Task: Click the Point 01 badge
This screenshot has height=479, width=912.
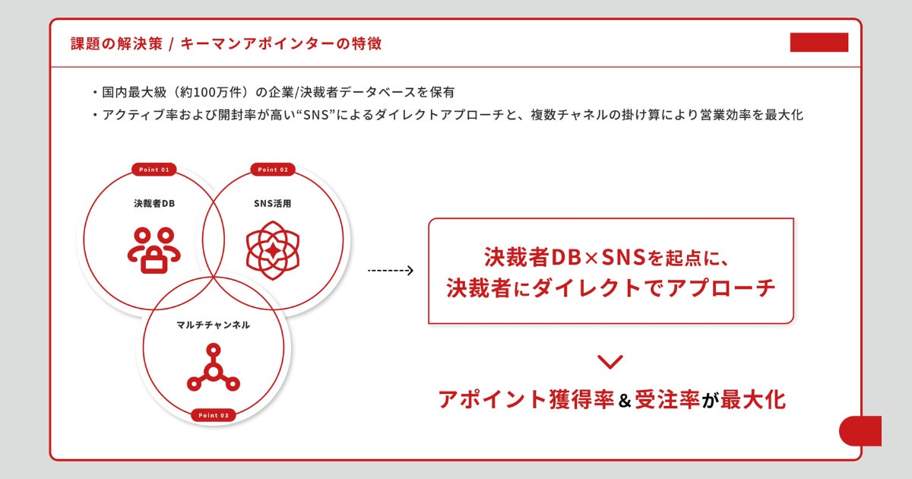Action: point(154,170)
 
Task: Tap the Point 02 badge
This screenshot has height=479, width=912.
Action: point(273,170)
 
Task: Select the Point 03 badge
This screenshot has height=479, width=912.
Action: point(214,415)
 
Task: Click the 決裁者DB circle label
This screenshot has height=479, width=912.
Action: point(154,203)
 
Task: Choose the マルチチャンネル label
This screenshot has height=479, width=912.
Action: point(214,325)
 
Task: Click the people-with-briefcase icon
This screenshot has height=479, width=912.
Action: point(154,249)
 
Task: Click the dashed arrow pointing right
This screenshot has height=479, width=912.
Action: point(390,270)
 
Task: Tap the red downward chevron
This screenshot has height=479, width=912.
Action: point(610,362)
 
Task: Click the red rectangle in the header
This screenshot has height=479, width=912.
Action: point(819,43)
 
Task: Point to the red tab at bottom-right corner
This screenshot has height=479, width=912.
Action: point(860,431)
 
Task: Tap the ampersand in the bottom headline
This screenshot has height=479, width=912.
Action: point(625,400)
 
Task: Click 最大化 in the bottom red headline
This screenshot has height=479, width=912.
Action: point(753,399)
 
